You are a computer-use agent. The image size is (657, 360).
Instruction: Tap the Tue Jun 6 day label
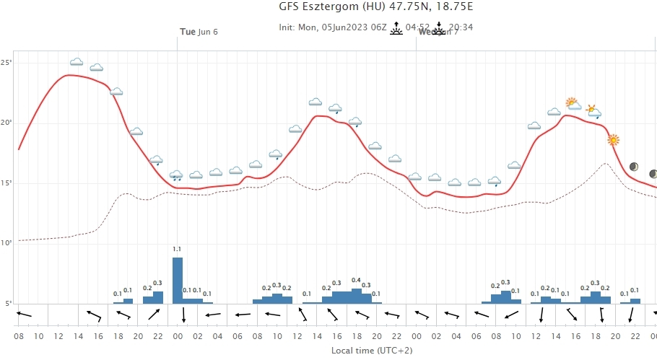(x=199, y=32)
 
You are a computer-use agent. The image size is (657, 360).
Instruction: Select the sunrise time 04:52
(x=417, y=27)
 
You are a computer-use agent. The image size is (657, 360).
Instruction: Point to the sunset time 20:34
(x=460, y=27)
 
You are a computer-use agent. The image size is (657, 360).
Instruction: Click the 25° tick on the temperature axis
(x=6, y=63)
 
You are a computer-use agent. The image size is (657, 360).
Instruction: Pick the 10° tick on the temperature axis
(x=6, y=243)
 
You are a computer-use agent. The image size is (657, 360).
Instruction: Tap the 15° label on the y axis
(x=6, y=183)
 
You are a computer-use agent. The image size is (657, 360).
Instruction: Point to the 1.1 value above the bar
(x=178, y=250)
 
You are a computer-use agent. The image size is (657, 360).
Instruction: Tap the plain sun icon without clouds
(x=613, y=139)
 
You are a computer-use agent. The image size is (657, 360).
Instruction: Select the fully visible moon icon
(x=634, y=167)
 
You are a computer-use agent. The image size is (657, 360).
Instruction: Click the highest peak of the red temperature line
(x=69, y=75)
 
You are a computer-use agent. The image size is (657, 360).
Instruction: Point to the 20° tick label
(x=6, y=123)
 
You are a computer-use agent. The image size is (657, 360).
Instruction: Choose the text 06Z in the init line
(x=375, y=27)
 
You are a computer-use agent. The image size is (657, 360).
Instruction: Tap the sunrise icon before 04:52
(x=396, y=29)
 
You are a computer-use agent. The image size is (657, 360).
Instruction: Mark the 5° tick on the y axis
(x=7, y=303)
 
